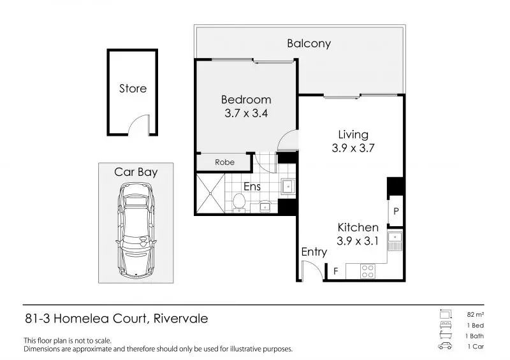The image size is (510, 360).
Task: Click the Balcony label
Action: click(x=309, y=43)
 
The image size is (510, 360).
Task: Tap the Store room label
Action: click(x=133, y=89)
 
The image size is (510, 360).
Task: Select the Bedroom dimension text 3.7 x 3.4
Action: click(x=246, y=113)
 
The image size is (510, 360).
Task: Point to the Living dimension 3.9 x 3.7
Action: click(x=353, y=148)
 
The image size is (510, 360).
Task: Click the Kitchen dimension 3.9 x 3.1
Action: click(x=358, y=241)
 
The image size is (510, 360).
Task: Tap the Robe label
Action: click(x=224, y=162)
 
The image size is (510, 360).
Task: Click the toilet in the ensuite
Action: click(x=239, y=203)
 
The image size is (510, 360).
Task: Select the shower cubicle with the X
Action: click(x=210, y=194)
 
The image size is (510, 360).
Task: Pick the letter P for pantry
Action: click(x=396, y=212)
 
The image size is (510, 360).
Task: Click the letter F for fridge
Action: click(x=336, y=271)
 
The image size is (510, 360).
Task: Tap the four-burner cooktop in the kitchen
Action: click(x=368, y=271)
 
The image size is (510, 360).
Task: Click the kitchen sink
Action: click(x=395, y=241)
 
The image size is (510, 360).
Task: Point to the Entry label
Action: click(x=314, y=252)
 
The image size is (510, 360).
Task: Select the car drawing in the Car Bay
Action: click(x=136, y=230)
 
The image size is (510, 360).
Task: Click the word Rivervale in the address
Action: click(x=180, y=319)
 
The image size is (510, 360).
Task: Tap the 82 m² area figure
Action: click(x=475, y=315)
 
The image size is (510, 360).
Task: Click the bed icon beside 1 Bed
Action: click(x=445, y=325)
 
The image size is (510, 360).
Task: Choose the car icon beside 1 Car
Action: click(x=445, y=346)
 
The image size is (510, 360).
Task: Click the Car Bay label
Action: click(x=136, y=172)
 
